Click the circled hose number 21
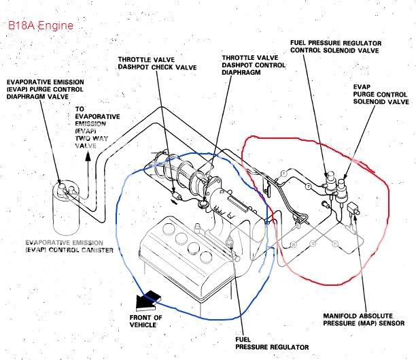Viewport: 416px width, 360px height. (335, 243)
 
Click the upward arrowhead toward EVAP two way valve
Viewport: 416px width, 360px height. (87, 156)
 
